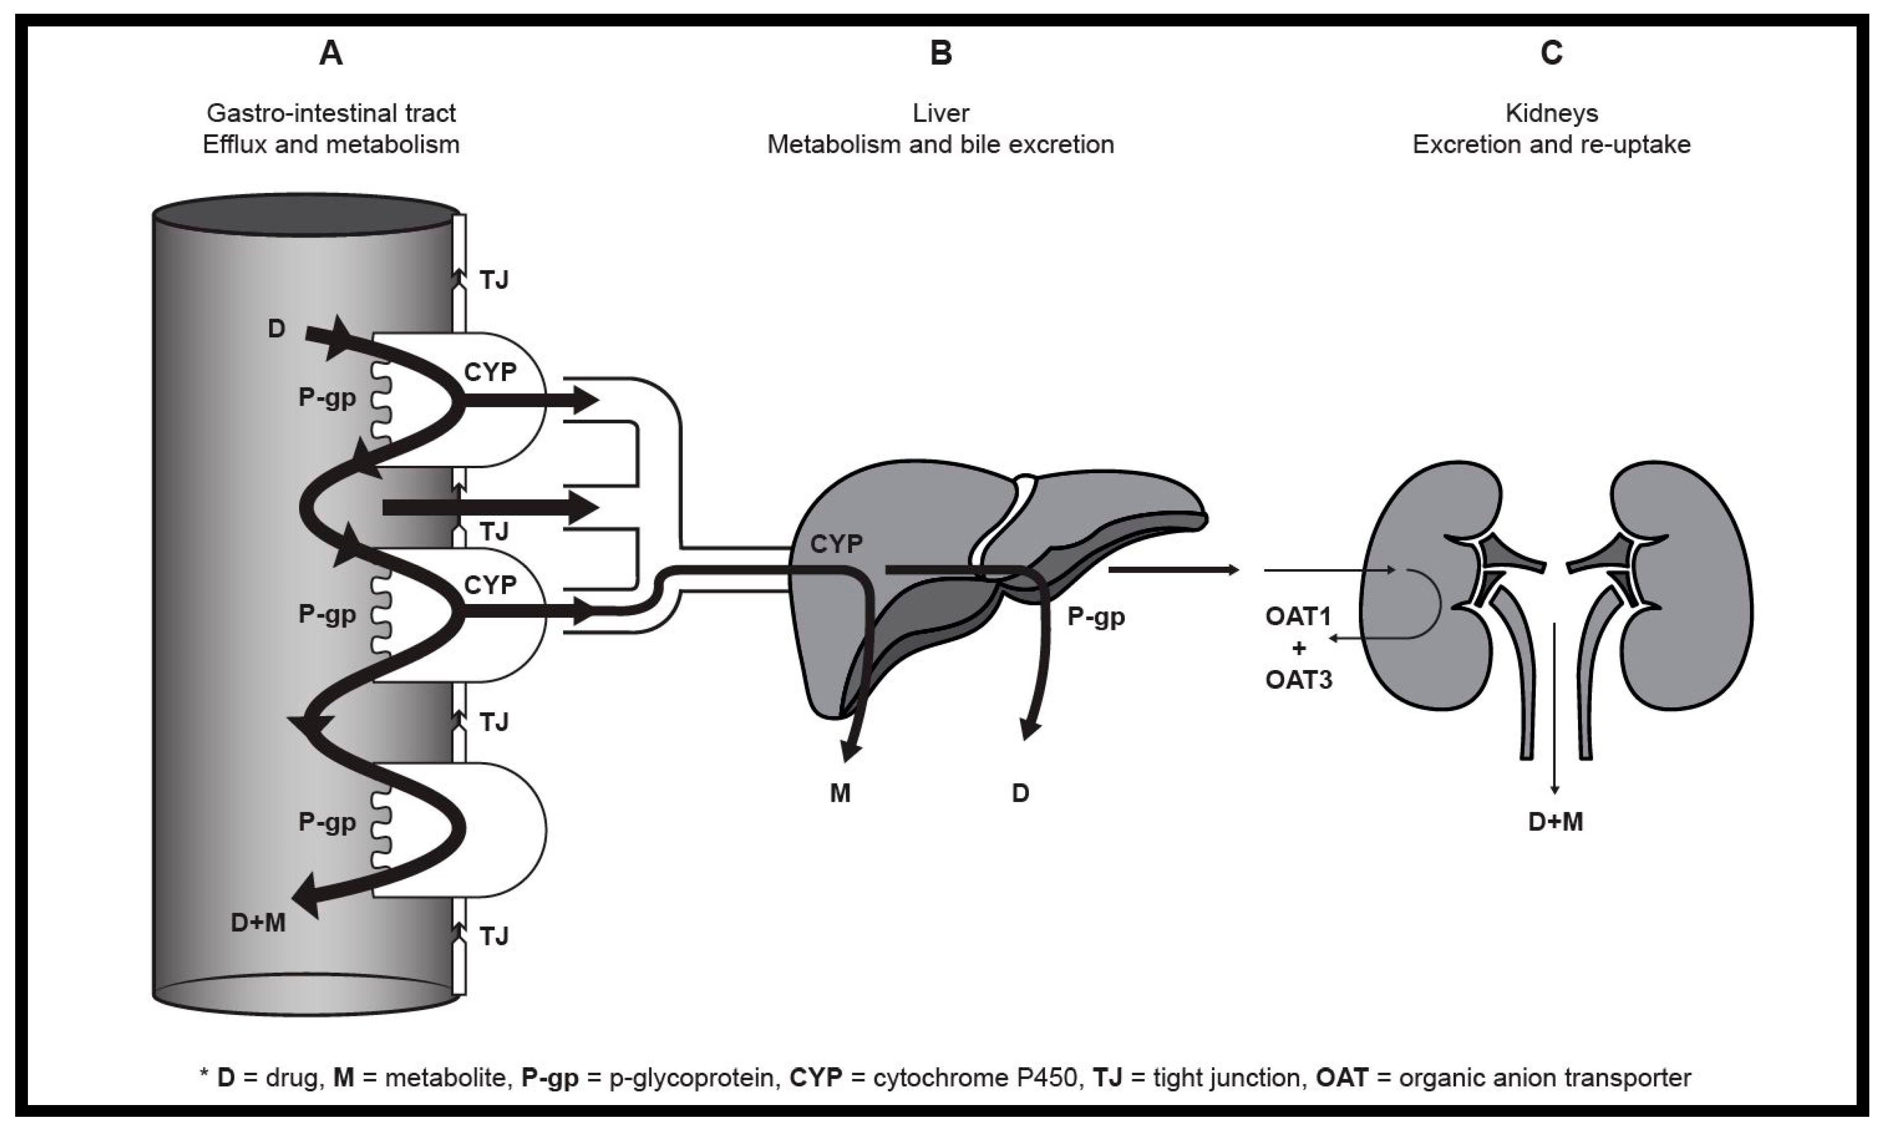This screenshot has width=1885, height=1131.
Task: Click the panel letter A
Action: [x=330, y=53]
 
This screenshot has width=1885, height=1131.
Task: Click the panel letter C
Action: [x=1551, y=53]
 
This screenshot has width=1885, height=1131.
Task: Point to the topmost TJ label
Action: [x=494, y=281]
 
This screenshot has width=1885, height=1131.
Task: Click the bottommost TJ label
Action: [x=494, y=936]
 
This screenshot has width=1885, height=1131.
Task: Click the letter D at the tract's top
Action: [x=276, y=329]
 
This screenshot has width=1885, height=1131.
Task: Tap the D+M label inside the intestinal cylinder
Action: [x=258, y=923]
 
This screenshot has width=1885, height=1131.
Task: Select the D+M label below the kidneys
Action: [x=1555, y=821]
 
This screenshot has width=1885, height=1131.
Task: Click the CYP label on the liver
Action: [x=836, y=544]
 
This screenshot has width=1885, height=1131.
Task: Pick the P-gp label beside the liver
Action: [x=1096, y=616]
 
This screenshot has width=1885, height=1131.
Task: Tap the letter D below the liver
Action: [x=1020, y=794]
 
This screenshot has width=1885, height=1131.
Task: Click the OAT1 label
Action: [x=1298, y=616]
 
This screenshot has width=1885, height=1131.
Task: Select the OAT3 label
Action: [x=1298, y=679]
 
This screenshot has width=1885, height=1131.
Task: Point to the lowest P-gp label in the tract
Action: [x=327, y=821]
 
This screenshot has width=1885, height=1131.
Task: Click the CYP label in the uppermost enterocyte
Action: [x=490, y=372]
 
